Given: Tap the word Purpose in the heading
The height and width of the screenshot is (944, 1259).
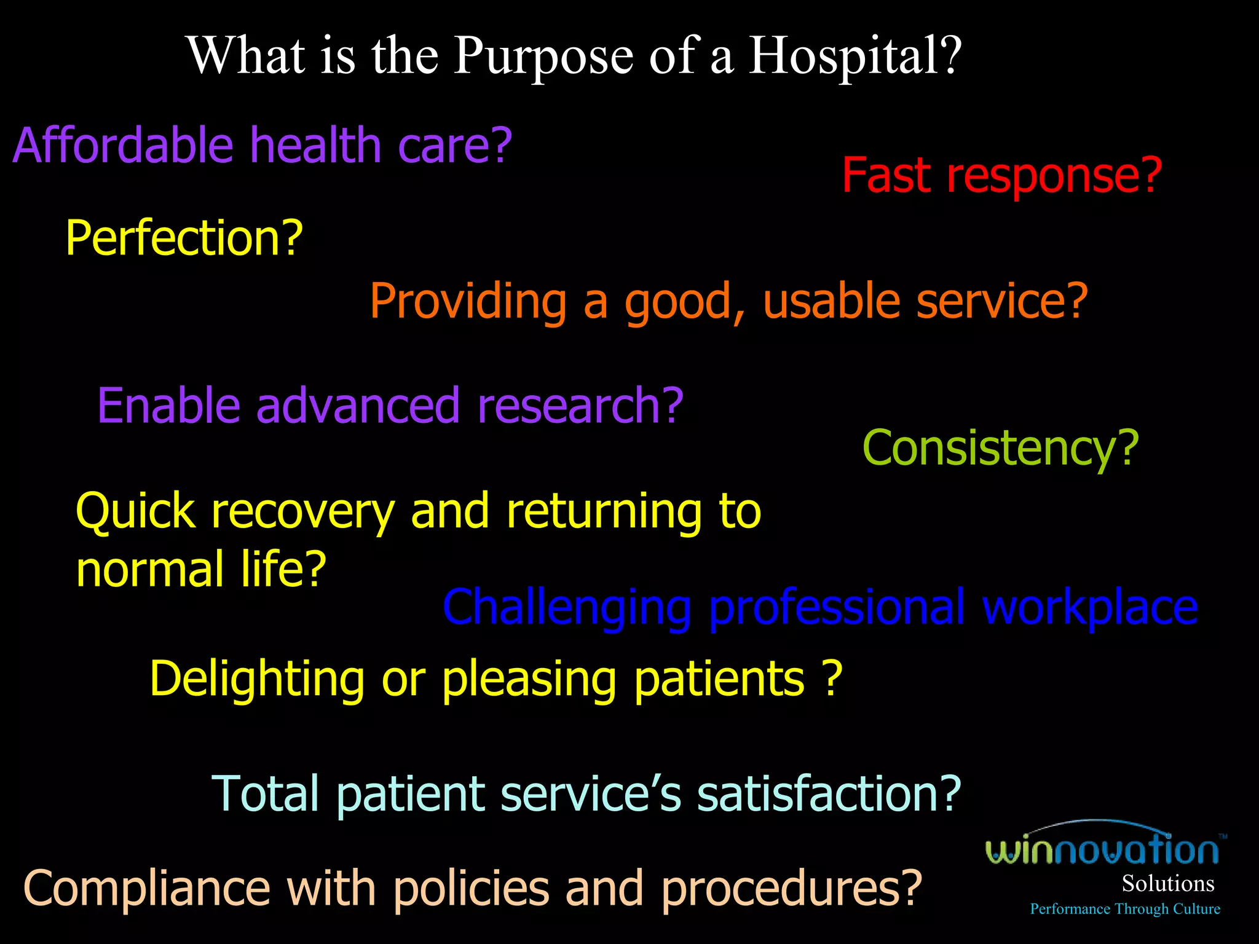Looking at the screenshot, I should tap(543, 57).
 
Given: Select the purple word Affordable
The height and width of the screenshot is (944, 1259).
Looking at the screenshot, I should tap(123, 146).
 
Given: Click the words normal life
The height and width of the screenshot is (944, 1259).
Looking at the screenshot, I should tap(200, 569).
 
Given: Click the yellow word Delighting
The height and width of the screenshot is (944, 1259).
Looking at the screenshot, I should tap(257, 679).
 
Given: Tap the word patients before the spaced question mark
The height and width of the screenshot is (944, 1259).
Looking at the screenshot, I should tap(719, 679).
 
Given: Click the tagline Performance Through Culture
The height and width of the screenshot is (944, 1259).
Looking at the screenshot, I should tap(1124, 909).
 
